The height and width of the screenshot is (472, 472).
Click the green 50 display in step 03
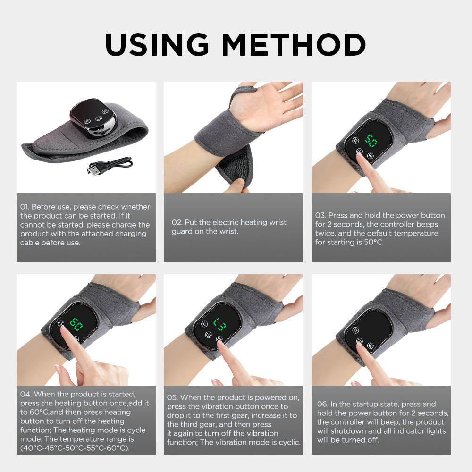coord(371,141)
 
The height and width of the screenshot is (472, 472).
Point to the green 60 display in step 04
coord(76,324)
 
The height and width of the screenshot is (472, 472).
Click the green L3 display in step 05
coord(219,324)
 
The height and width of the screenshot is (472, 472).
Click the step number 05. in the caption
coord(172,397)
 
